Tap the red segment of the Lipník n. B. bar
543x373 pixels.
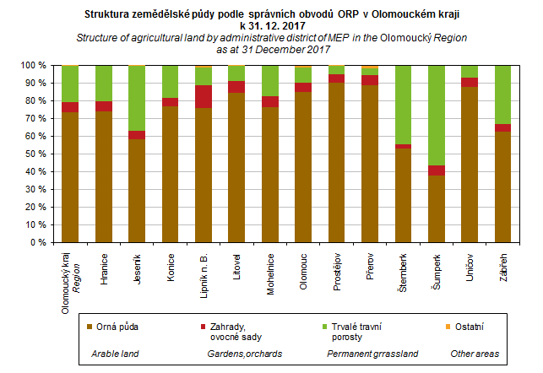point(203,96)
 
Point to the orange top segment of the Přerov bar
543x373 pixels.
point(370,68)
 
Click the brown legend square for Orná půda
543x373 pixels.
point(90,324)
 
